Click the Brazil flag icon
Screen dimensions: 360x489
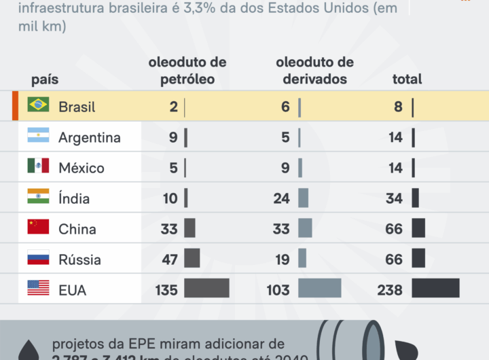[38, 105]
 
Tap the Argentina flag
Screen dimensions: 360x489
[38, 135]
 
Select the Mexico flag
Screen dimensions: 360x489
[38, 166]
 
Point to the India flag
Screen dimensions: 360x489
[38, 196]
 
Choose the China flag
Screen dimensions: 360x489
[38, 227]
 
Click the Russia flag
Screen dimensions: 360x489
[38, 257]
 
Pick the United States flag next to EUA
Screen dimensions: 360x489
[38, 288]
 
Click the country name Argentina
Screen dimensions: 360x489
[90, 138]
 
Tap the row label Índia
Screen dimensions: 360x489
[74, 199]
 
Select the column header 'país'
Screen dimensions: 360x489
[45, 79]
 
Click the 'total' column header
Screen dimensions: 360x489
[407, 79]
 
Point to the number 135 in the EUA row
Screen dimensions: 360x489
[166, 291]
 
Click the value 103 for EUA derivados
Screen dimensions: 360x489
[278, 291]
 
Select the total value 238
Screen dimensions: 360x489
[390, 291]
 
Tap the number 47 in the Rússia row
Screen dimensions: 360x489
[169, 260]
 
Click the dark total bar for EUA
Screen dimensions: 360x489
[435, 288]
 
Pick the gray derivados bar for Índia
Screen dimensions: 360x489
[303, 198]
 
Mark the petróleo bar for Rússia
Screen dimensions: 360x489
[192, 258]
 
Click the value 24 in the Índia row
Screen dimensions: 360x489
[281, 199]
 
